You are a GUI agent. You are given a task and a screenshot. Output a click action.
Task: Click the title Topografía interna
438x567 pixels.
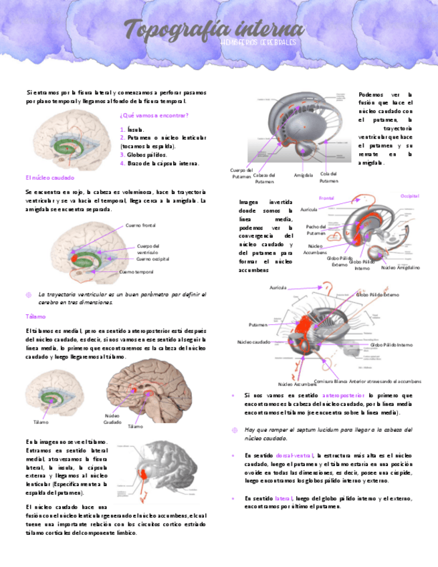[214, 29]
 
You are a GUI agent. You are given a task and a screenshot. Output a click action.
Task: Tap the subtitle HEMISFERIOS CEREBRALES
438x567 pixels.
[257, 42]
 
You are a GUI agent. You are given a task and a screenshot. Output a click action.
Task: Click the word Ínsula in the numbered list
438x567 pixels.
[134, 130]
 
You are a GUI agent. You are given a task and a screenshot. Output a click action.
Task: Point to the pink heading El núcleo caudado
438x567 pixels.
[49, 178]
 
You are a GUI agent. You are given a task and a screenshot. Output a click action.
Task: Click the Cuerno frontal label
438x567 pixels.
[140, 225]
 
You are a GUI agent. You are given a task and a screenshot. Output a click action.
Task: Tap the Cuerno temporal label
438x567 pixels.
[136, 272]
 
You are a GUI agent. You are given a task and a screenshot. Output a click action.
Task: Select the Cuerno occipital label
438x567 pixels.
[152, 259]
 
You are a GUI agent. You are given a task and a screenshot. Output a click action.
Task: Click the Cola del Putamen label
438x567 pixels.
[329, 177]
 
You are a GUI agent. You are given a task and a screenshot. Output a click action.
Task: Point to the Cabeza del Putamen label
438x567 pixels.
[264, 178]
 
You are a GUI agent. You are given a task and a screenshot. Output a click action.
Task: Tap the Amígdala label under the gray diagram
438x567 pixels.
[304, 175]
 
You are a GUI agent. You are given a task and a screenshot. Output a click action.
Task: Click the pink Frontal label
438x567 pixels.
[326, 199]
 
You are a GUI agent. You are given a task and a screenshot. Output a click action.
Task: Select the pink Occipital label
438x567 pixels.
[409, 196]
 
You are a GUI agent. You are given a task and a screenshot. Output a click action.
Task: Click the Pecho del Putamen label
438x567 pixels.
[316, 230]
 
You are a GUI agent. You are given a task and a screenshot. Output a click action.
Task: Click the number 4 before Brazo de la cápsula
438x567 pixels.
[122, 162]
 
